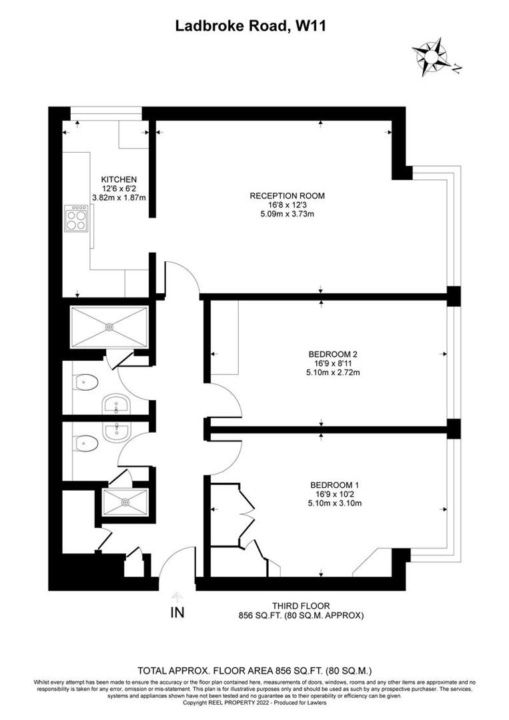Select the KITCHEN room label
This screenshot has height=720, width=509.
click(119, 179)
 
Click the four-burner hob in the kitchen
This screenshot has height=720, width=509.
click(76, 217)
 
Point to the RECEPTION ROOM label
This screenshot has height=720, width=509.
click(287, 195)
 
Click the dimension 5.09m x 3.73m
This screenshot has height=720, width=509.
click(287, 214)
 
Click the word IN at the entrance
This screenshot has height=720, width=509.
click(177, 613)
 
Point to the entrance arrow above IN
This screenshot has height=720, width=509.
click(177, 596)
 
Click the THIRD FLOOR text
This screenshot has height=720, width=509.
click(301, 606)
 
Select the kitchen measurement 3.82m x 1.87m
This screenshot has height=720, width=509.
click(119, 197)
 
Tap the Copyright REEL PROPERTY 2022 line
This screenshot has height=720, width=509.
click(254, 702)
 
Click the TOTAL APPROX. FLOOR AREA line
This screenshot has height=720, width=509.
click(254, 670)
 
